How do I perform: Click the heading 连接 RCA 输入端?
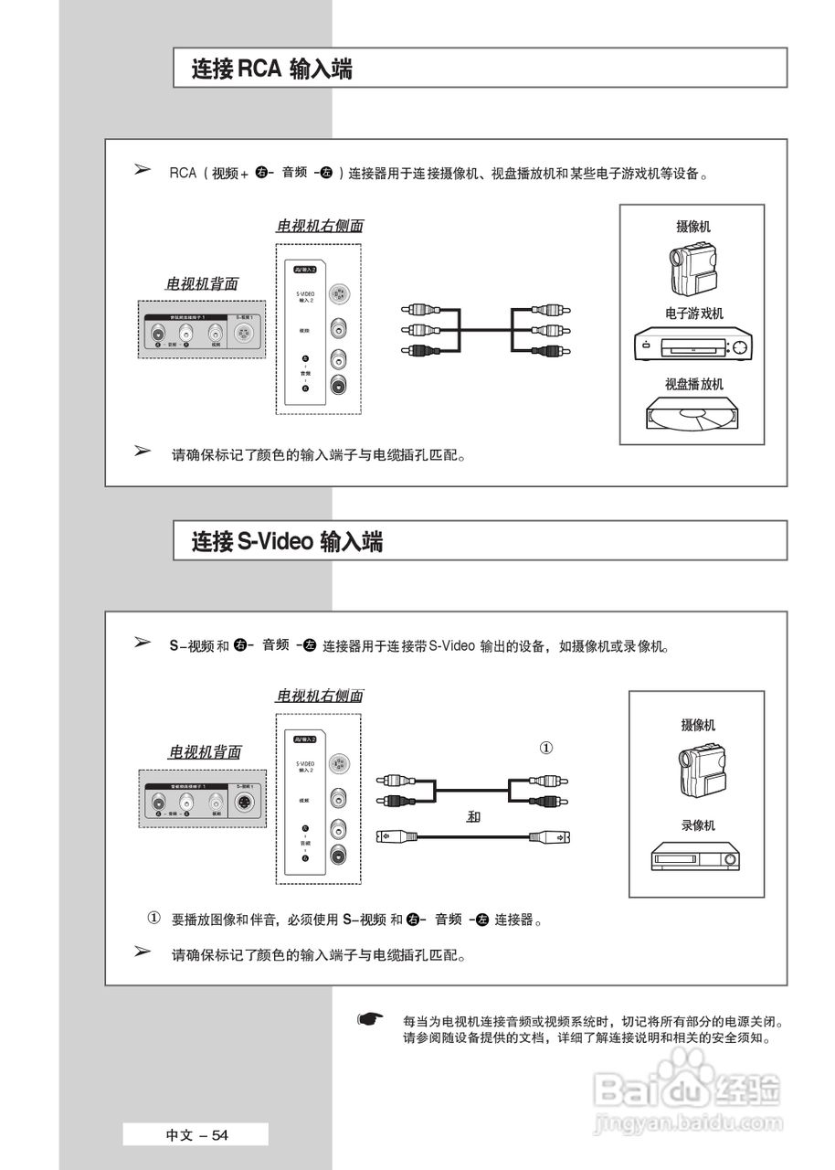[271, 69]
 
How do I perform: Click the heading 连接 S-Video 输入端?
[287, 541]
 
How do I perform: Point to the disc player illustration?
[693, 414]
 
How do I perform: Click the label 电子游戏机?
[693, 314]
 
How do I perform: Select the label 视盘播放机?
[693, 384]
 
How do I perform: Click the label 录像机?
[698, 825]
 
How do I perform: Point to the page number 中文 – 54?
[196, 1135]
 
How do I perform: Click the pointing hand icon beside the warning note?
[368, 1018]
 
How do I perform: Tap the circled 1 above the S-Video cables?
[546, 748]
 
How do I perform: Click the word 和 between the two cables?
[472, 816]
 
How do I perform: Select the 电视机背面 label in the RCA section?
[201, 284]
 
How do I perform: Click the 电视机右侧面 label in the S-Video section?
[320, 696]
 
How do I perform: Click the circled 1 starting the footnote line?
[154, 917]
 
